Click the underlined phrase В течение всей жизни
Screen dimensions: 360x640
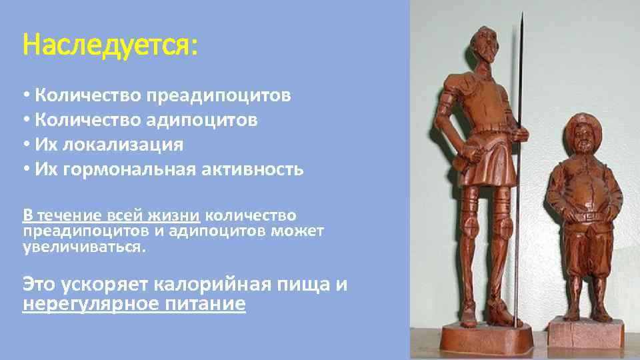pyautogui.click(x=111, y=215)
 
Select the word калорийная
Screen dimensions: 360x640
pyautogui.click(x=222, y=284)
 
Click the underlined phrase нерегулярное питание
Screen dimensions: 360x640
pyautogui.click(x=134, y=305)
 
